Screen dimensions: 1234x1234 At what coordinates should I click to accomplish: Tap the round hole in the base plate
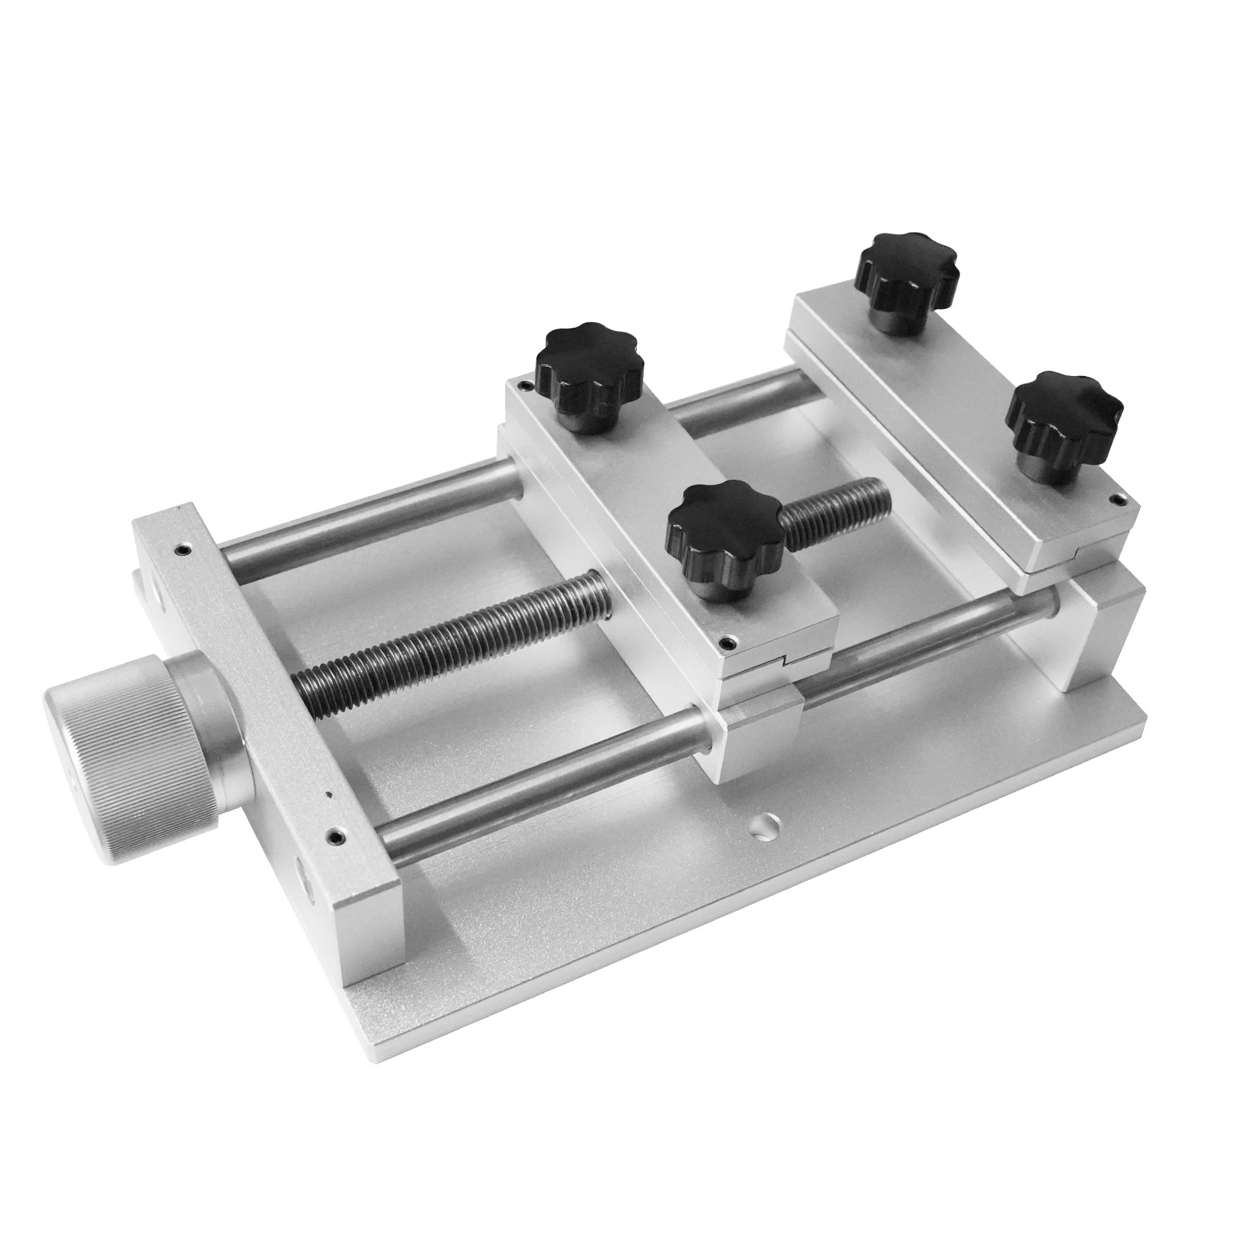coord(765,827)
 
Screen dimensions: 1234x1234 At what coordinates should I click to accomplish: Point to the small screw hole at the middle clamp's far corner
coord(526,385)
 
